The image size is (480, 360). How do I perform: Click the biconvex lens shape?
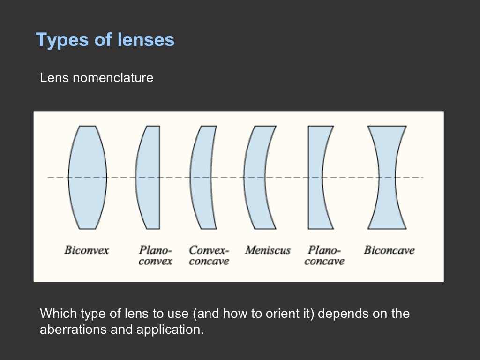(87, 177)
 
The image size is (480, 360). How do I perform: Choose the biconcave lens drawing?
(387, 177)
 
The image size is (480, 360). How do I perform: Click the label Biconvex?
(86, 250)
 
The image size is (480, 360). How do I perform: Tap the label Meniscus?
(268, 250)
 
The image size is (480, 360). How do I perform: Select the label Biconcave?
(389, 250)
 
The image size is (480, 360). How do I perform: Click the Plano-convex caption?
(156, 255)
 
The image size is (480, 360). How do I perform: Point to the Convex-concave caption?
(209, 255)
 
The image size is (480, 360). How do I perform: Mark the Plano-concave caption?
(324, 255)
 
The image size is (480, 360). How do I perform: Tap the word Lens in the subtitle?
(54, 78)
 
